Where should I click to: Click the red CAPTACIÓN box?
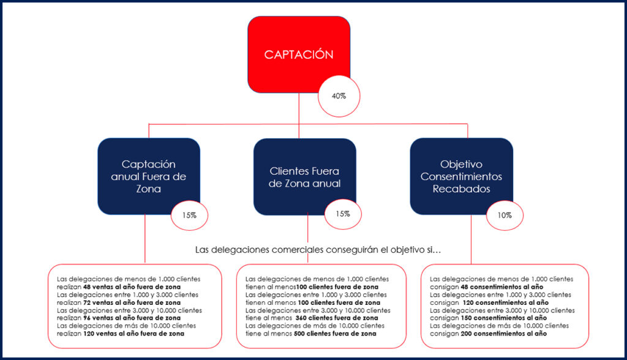pyautogui.click(x=298, y=54)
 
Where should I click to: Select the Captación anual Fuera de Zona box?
pyautogui.click(x=149, y=176)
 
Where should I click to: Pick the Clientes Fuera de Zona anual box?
pyautogui.click(x=304, y=176)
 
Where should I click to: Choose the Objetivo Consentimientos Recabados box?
pyautogui.click(x=461, y=176)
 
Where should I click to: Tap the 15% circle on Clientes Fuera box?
pyautogui.click(x=343, y=214)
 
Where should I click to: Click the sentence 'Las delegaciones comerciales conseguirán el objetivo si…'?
pyautogui.click(x=318, y=250)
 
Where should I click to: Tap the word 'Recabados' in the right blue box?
pyautogui.click(x=461, y=189)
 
